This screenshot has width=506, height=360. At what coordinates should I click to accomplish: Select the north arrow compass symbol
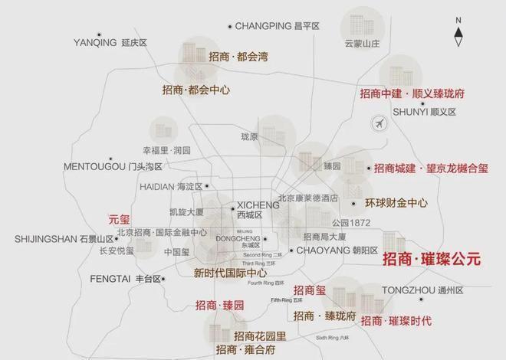click(x=458, y=31)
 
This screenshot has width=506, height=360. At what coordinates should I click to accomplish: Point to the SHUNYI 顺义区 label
click(x=424, y=111)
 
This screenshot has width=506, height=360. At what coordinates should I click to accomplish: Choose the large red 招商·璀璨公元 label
click(x=431, y=260)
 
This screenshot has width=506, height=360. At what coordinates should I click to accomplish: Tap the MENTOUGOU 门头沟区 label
click(x=113, y=166)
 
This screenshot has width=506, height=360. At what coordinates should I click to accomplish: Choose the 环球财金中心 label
click(x=395, y=204)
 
